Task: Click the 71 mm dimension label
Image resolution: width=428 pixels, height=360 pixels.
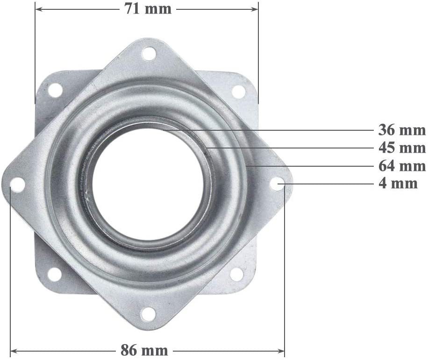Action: [x=148, y=9]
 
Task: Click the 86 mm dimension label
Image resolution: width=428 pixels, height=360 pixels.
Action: [x=144, y=350]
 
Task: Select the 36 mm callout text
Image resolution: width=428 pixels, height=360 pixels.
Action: [x=402, y=130]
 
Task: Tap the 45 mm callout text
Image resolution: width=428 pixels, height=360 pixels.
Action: [x=402, y=148]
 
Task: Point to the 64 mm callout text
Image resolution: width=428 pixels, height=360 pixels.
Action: [x=402, y=166]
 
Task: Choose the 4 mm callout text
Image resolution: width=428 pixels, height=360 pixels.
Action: [x=398, y=184]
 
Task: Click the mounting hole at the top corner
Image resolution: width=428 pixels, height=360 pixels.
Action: [x=149, y=54]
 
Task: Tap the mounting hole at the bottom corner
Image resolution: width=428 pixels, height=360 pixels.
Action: [x=148, y=314]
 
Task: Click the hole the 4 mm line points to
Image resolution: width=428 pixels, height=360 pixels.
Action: [x=278, y=184]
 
